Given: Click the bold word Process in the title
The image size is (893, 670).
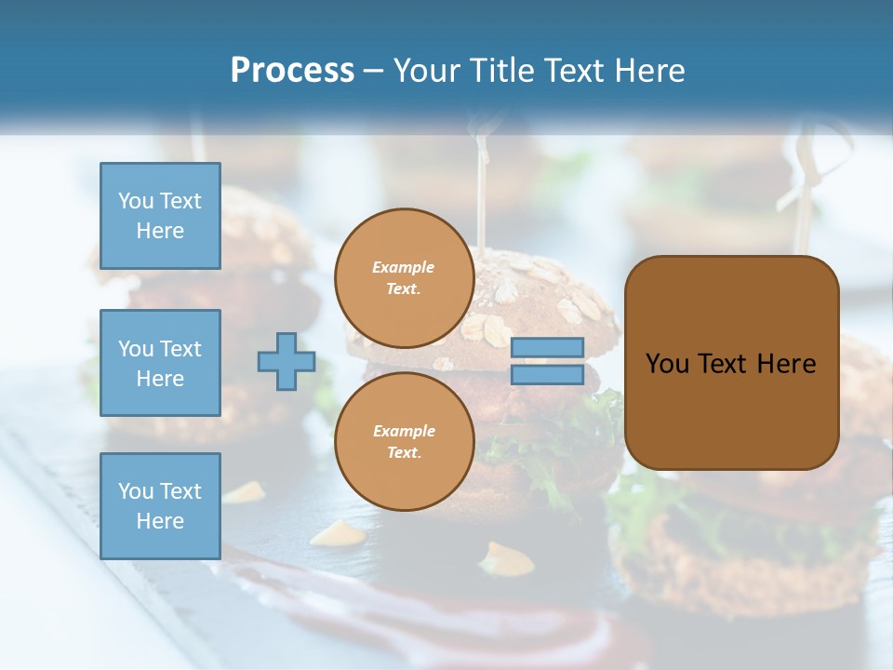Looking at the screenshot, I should tap(292, 71).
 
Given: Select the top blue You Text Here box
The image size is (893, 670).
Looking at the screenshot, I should tap(160, 216).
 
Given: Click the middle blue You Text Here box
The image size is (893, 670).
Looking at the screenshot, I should tap(160, 363).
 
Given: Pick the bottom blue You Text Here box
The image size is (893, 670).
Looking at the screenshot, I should tap(160, 506).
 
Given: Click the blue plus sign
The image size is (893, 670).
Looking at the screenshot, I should tap(287, 361).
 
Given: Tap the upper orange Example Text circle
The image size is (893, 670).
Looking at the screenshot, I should tap(404, 277).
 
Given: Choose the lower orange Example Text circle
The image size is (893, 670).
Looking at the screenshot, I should tap(404, 441).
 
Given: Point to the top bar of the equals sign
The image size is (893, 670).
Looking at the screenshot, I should tap(547, 348).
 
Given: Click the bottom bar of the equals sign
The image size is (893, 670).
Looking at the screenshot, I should tap(547, 375).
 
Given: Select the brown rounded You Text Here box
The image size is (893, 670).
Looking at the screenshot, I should tap(731, 363).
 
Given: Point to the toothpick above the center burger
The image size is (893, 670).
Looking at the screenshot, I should tap(482, 195).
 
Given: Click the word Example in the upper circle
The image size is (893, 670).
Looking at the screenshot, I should tap(404, 267).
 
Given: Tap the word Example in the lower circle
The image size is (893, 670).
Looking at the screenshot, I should tap(404, 431).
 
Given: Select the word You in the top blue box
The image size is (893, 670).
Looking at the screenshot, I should tap(135, 201).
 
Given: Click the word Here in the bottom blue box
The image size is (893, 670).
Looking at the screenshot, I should tap(160, 521).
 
